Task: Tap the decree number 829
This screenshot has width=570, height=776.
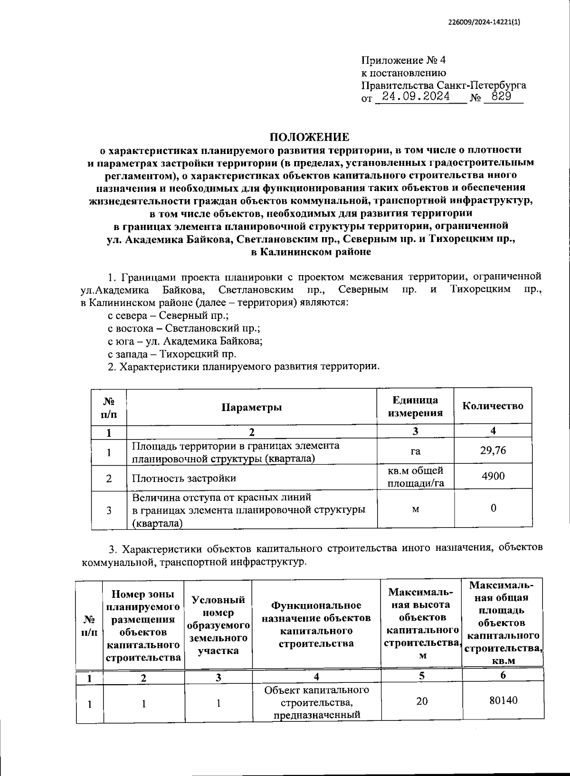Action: tap(501, 97)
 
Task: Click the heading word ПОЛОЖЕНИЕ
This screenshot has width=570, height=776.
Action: tap(310, 137)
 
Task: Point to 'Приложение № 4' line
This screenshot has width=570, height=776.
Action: tap(404, 60)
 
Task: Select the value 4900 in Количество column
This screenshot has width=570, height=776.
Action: tap(493, 476)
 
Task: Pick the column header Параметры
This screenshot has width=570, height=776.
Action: tap(252, 407)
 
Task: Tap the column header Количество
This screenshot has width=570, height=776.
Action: tap(493, 406)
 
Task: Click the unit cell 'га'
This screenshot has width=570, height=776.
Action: tap(415, 451)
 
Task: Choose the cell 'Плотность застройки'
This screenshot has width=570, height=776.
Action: tap(183, 478)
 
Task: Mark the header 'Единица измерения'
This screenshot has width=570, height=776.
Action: tap(415, 406)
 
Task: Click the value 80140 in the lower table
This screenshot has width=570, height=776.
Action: tap(503, 700)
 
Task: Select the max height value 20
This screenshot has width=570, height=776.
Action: tap(421, 701)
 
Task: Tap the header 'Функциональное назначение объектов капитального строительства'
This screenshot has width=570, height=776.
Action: tap(316, 624)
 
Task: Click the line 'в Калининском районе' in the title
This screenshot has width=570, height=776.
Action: tap(310, 252)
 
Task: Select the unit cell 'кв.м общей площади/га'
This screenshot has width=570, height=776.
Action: tap(415, 477)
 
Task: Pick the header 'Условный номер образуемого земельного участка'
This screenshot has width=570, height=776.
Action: tap(218, 624)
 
